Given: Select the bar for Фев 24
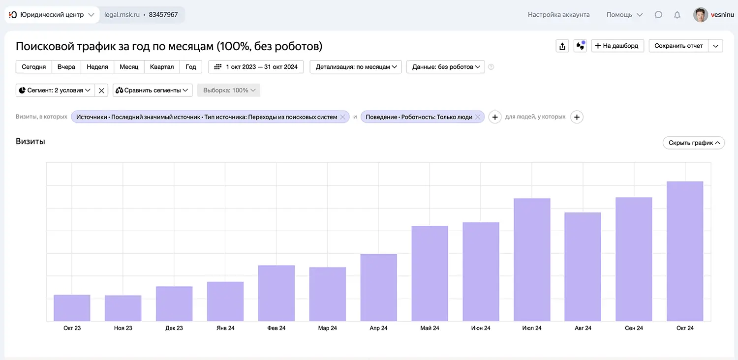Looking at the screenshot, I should [x=277, y=293].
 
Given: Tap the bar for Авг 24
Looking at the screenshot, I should [x=583, y=267].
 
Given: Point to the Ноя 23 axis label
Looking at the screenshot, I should [x=123, y=328].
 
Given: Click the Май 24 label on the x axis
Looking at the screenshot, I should [x=430, y=328].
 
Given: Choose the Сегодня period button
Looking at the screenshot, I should [x=33, y=67].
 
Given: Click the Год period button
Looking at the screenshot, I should [x=191, y=67].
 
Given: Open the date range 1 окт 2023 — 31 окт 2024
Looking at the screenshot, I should [x=256, y=67].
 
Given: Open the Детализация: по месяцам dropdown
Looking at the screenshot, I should [x=356, y=67].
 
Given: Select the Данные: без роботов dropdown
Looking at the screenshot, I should [x=446, y=67].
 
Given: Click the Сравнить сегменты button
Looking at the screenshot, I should [x=153, y=90].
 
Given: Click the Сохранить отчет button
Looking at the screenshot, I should [x=678, y=46].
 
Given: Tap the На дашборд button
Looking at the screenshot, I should [x=617, y=46].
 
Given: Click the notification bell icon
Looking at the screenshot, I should [x=677, y=15].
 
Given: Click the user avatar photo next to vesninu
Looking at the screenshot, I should [x=701, y=15].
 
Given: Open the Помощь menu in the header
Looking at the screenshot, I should [x=624, y=15].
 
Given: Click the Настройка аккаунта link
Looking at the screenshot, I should [x=558, y=15].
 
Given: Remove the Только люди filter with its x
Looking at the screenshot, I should [x=477, y=117].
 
